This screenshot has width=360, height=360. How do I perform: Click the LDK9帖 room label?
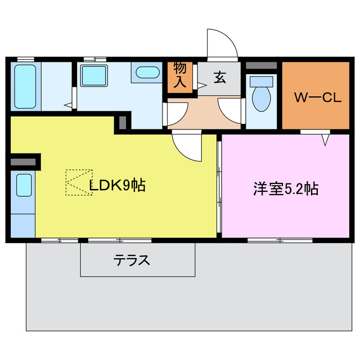[x=118, y=185]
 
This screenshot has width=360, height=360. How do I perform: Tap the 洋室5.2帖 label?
[x=285, y=189]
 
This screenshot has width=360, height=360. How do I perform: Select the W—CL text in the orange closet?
[x=318, y=97]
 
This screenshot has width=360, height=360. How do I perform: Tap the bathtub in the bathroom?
[x=24, y=87]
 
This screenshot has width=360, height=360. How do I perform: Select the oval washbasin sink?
[x=147, y=73]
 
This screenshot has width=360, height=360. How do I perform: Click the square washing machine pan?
[x=93, y=75]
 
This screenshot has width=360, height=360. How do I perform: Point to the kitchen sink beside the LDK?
[x=24, y=184]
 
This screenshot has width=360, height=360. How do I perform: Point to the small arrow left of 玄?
[x=201, y=86]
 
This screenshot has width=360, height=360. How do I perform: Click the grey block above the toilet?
[x=262, y=66]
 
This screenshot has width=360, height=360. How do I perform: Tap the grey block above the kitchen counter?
[x=23, y=162]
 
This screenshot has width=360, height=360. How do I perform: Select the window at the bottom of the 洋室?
[x=272, y=240]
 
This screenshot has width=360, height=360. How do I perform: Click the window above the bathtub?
[x=24, y=58]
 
